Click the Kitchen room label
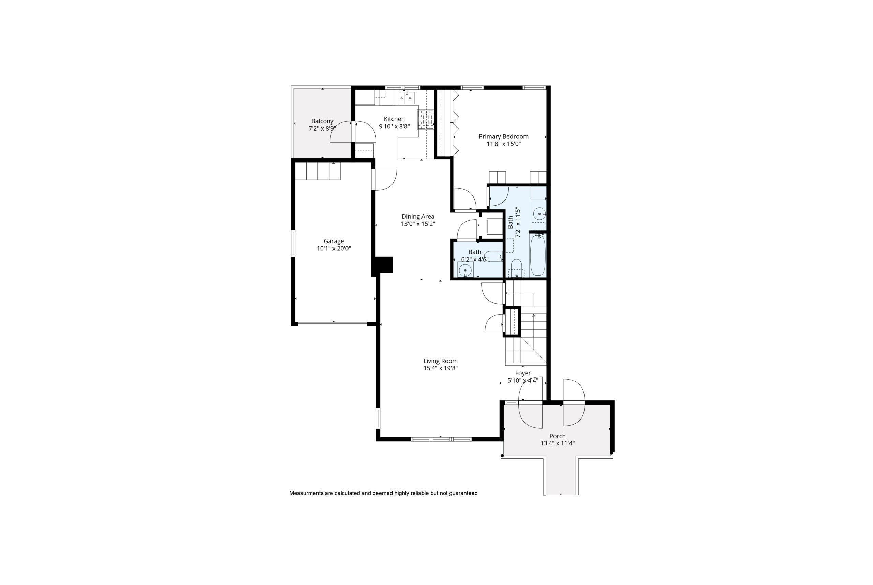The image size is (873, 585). tap(394, 119)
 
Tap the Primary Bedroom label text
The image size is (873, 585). tap(503, 136)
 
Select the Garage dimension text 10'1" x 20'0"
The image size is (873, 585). tap(334, 248)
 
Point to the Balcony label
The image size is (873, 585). tap(322, 121)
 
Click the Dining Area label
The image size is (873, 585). tap(418, 216)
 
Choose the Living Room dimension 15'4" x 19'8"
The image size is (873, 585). tap(440, 368)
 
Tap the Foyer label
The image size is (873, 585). tap(523, 373)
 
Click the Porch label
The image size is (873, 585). tap(558, 436)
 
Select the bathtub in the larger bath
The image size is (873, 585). tap(538, 255)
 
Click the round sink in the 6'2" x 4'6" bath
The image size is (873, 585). tap(465, 270)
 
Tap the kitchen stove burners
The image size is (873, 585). tap(426, 119)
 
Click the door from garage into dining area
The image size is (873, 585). tap(384, 180)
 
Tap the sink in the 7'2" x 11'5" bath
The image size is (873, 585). tap(539, 214)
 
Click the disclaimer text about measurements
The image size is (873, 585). tap(383, 493)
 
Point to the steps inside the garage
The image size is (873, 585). tap(318, 171)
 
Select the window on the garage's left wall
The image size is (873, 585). tap(293, 243)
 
